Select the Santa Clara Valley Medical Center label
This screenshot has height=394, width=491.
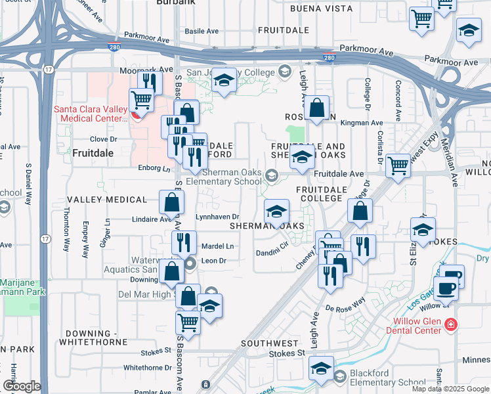pyautogui.click(x=91, y=114)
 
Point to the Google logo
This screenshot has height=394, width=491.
pyautogui.click(x=22, y=386)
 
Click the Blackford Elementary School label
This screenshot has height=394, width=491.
pyautogui.click(x=388, y=378)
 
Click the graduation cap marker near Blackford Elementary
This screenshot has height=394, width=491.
pyautogui.click(x=321, y=368)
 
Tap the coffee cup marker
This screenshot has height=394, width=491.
pyautogui.click(x=446, y=287)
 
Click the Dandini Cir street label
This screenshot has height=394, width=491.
pyautogui.click(x=272, y=250)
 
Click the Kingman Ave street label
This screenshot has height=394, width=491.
pyautogui.click(x=367, y=123)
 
